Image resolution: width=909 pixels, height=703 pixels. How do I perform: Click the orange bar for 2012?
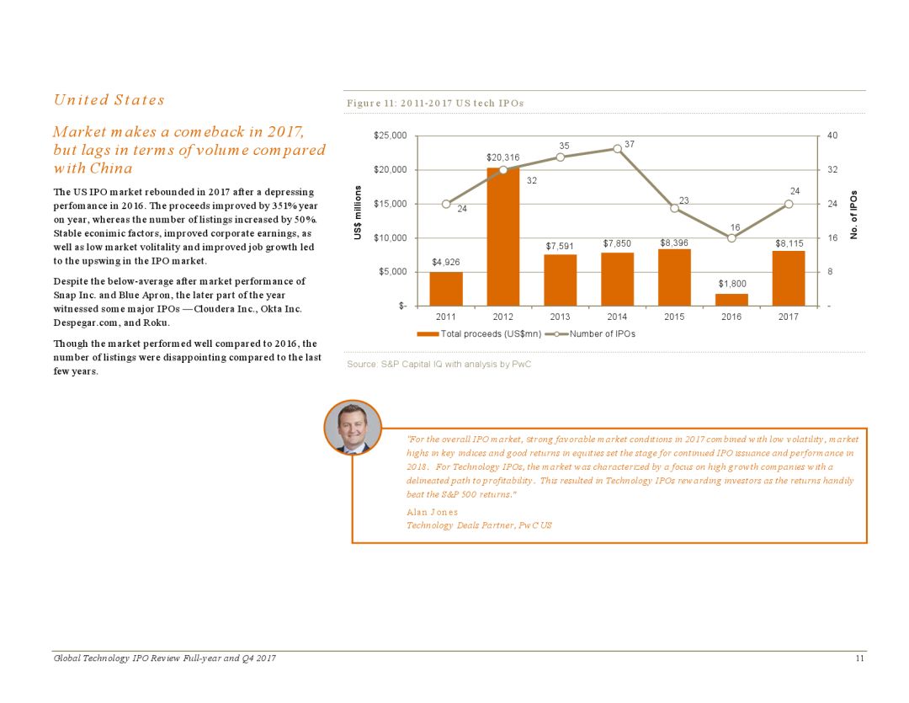[502, 237]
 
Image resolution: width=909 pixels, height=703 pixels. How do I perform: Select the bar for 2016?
[731, 300]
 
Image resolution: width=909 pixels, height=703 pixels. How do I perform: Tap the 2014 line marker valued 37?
[617, 148]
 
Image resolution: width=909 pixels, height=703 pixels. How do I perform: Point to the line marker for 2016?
[731, 238]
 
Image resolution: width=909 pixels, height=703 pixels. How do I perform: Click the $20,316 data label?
[502, 157]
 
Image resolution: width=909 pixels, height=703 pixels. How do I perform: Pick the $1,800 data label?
[731, 284]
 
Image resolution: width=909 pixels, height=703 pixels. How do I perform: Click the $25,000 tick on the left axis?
[390, 136]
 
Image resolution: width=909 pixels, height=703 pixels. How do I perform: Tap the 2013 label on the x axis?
[560, 317]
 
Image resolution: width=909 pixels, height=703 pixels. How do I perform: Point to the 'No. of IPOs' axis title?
[853, 216]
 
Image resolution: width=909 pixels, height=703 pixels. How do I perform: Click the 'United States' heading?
[109, 100]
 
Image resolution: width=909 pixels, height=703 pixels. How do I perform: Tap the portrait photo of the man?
[353, 428]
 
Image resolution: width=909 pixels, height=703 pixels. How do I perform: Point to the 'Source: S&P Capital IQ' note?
[439, 365]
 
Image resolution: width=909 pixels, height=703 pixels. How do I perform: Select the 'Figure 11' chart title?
[435, 103]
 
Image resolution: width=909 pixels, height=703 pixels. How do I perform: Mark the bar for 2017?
[789, 279]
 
